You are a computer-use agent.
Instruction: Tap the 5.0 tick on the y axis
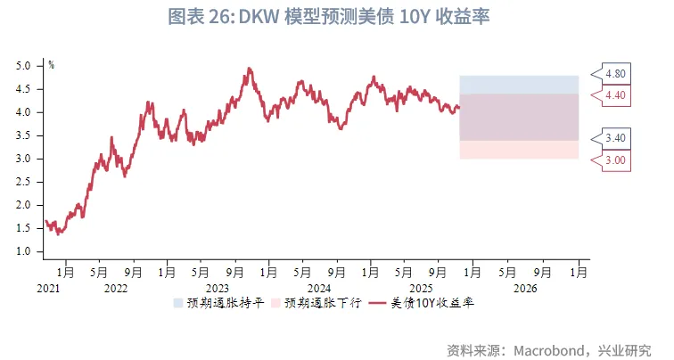23,66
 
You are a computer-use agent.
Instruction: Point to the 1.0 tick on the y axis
23,251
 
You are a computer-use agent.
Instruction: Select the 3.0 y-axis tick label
23,159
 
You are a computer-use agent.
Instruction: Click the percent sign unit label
51,64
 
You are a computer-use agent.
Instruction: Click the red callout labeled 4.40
615,94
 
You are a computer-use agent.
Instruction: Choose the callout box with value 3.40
615,139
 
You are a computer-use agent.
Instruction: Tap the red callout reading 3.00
615,160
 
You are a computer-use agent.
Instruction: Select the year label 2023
218,289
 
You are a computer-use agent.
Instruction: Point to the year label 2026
524,289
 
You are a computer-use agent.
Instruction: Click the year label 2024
319,289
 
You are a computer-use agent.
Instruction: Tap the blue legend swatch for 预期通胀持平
180,304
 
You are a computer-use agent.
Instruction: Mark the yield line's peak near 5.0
249,69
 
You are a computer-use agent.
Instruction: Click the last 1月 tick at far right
579,273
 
